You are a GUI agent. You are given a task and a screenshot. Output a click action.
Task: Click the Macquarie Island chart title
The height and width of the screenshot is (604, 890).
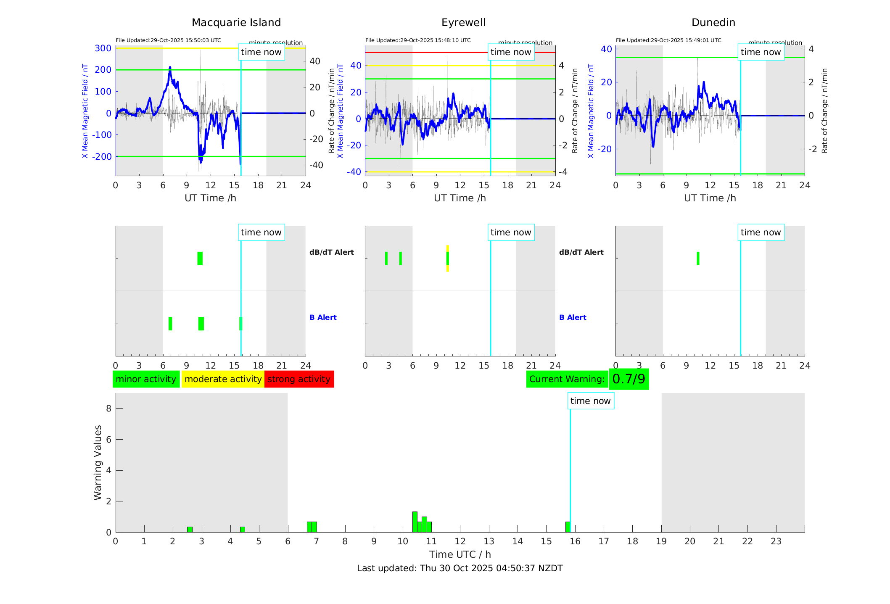[236, 22]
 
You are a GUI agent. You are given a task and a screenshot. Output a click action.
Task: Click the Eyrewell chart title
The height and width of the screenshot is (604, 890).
[463, 22]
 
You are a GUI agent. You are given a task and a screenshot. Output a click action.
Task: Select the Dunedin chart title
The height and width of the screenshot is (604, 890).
[713, 22]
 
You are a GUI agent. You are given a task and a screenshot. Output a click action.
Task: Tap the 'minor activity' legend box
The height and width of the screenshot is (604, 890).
[146, 379]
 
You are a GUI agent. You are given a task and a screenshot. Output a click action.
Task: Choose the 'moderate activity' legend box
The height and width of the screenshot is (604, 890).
[223, 379]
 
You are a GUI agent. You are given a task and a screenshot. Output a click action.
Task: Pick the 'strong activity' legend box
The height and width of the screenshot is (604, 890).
[299, 379]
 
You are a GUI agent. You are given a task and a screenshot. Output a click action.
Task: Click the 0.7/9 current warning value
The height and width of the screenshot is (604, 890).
[629, 379]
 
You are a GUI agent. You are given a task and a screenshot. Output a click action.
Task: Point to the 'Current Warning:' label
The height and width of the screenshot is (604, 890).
[567, 379]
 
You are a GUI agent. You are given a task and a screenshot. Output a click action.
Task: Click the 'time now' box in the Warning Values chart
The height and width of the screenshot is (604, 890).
[590, 401]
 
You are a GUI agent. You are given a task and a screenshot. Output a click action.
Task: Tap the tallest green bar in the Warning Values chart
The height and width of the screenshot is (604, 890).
[415, 522]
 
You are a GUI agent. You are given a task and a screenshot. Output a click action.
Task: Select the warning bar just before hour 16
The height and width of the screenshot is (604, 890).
[568, 527]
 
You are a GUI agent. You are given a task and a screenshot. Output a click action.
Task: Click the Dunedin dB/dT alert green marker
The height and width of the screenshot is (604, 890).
[698, 258]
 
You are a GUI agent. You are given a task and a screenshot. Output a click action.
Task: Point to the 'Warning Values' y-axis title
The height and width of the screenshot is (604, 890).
[98, 462]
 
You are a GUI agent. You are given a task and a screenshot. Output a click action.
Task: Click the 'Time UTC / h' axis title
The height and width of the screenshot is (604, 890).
[460, 554]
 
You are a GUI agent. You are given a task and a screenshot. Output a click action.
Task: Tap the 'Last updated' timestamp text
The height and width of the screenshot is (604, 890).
[460, 568]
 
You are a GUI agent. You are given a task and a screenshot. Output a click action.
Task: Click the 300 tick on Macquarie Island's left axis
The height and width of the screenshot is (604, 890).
[103, 48]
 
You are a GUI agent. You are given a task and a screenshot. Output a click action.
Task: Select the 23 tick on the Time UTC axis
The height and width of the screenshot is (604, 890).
[776, 541]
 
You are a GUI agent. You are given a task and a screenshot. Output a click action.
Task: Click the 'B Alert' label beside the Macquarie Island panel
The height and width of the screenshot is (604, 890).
[323, 317]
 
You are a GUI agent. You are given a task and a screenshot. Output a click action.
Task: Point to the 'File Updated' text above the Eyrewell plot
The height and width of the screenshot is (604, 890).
[418, 40]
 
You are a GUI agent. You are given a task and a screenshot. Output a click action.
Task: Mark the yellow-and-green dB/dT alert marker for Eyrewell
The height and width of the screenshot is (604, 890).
[447, 258]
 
